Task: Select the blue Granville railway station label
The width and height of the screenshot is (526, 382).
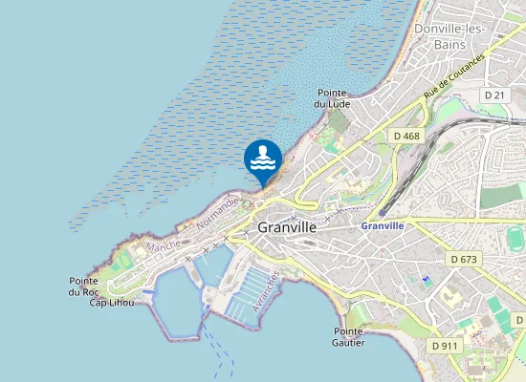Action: pyautogui.click(x=383, y=225)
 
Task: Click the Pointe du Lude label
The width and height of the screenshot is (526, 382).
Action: pyautogui.click(x=338, y=98)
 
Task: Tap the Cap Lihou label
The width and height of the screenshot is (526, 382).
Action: pyautogui.click(x=111, y=303)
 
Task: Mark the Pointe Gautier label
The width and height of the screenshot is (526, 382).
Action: pyautogui.click(x=349, y=335)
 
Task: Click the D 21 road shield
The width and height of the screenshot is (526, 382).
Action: pyautogui.click(x=494, y=95)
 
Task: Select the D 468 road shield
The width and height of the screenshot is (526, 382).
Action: pyautogui.click(x=406, y=137)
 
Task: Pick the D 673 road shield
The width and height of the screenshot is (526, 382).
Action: pyautogui.click(x=465, y=260)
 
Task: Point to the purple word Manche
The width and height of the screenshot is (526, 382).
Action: pyautogui.click(x=163, y=246)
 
